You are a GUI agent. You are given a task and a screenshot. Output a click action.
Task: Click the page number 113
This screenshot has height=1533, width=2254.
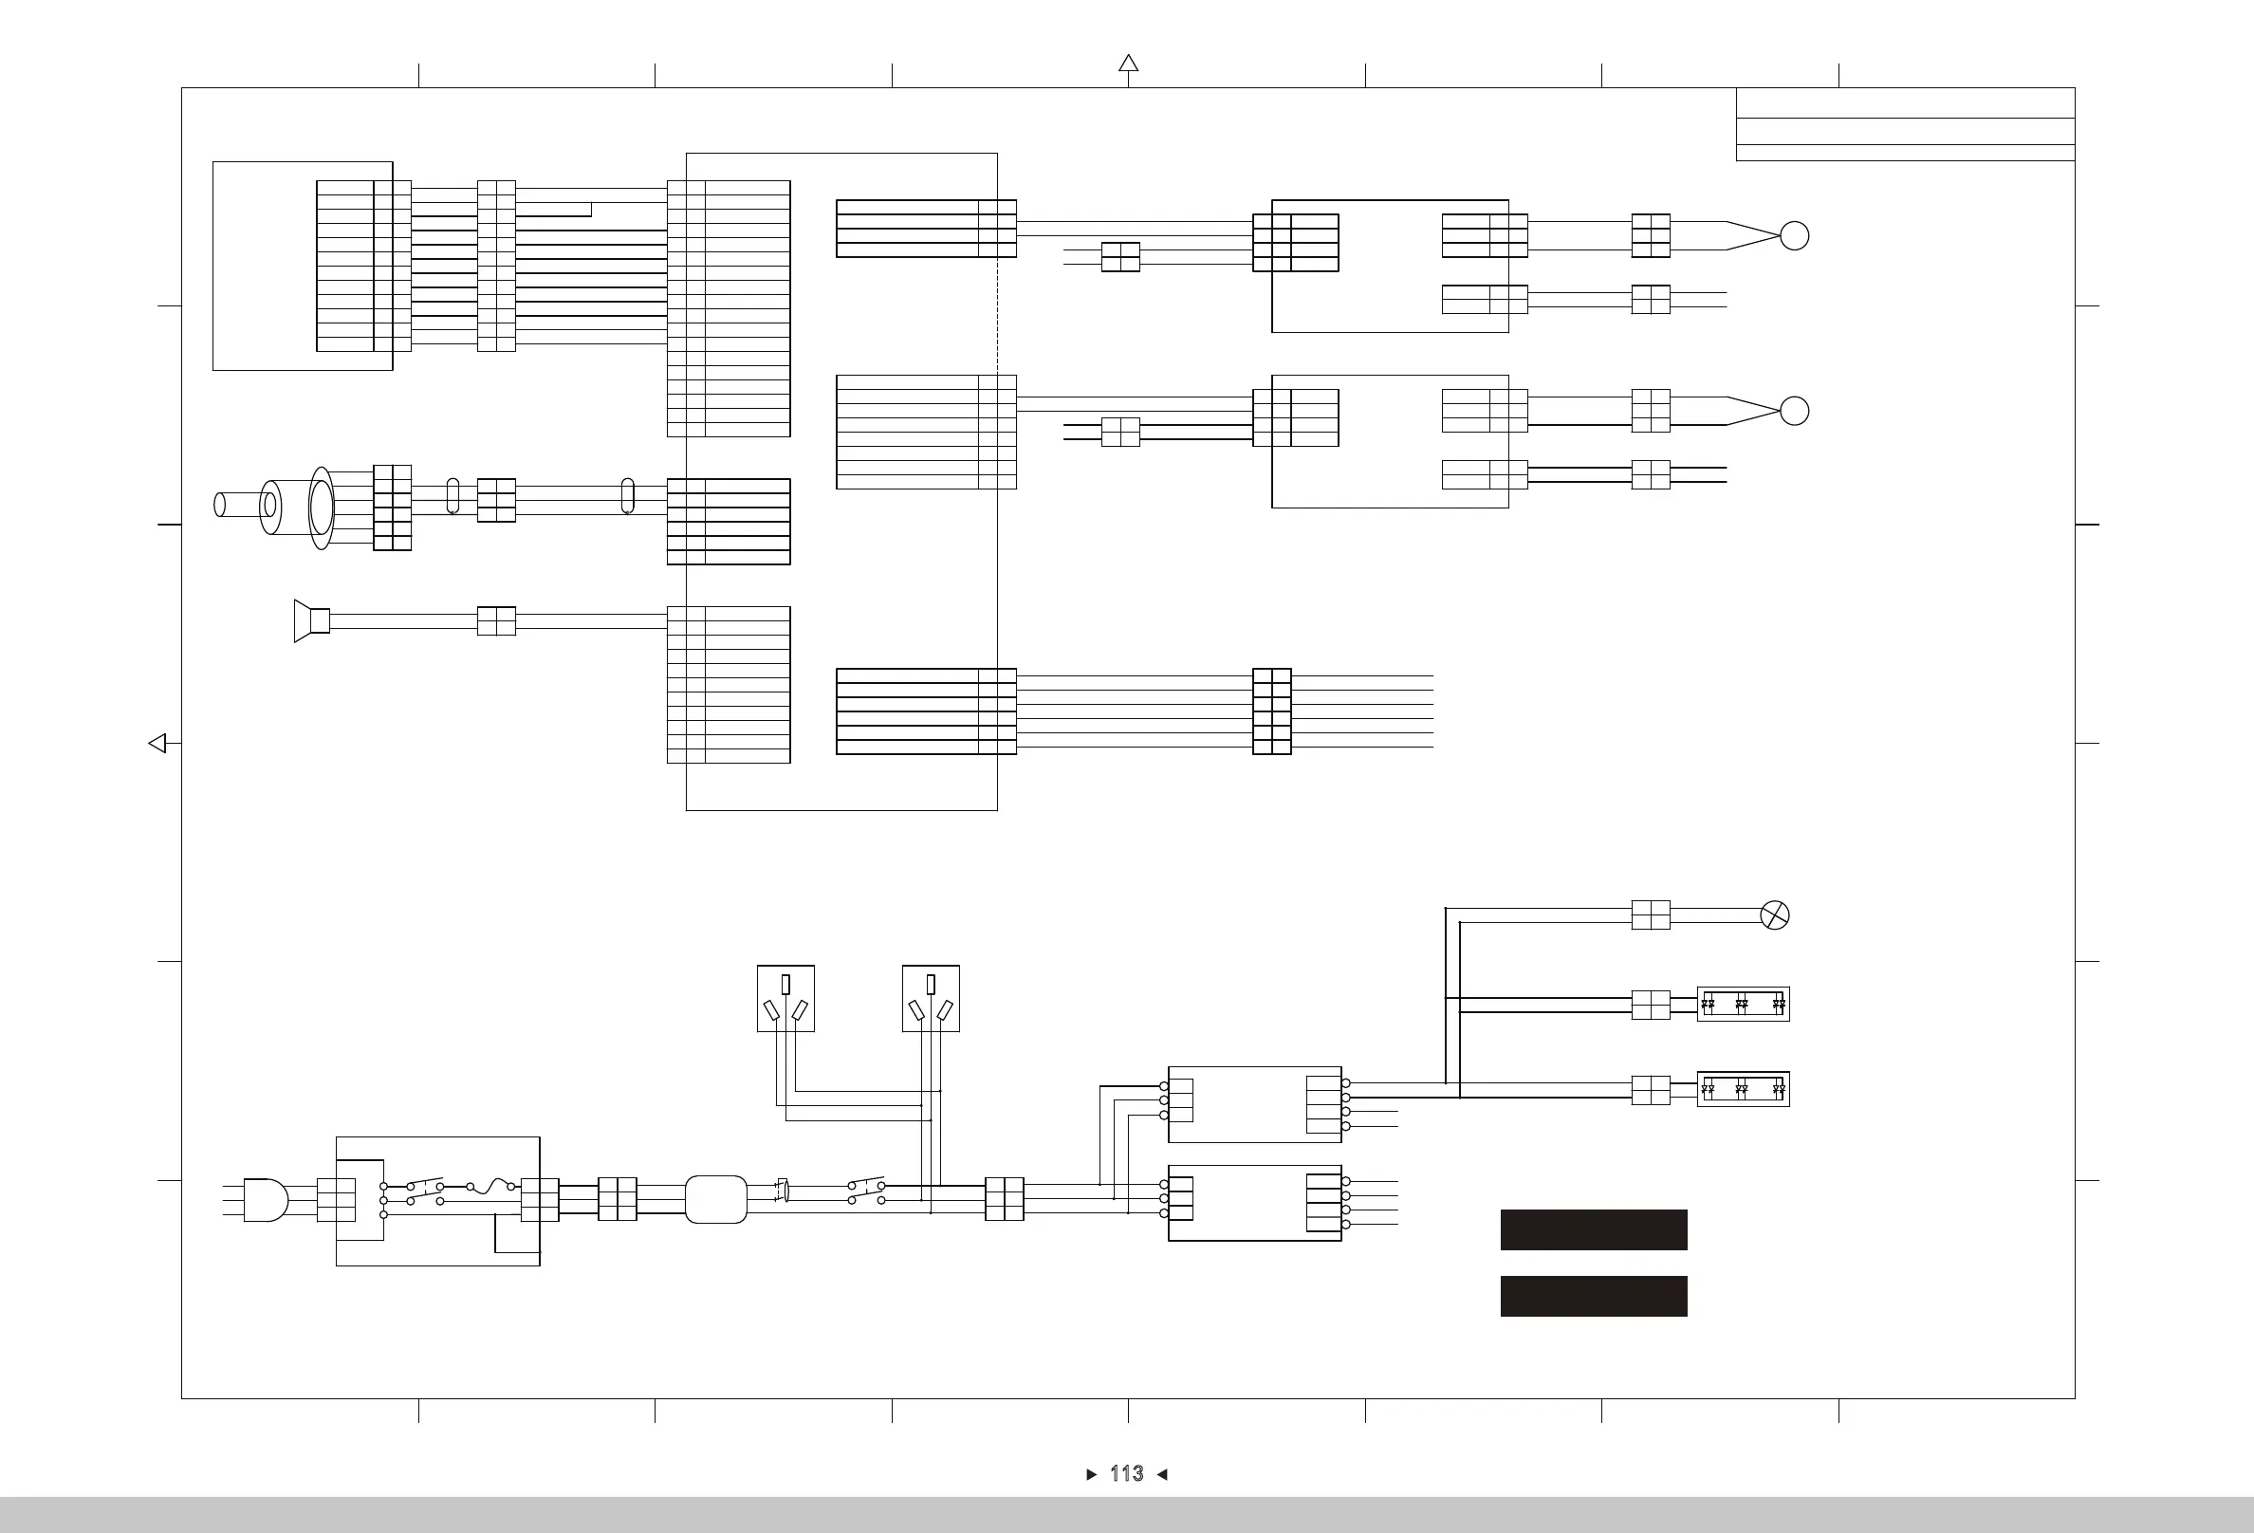click(x=1126, y=1474)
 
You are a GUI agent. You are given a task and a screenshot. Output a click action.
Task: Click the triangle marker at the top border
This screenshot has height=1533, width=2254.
click(x=1128, y=64)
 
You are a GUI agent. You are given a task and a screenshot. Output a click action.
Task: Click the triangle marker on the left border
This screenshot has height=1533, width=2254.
click(x=157, y=744)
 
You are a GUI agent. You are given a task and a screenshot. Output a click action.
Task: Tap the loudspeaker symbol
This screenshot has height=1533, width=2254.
click(x=311, y=620)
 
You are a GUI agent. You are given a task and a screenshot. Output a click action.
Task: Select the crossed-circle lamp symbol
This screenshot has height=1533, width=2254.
click(x=1774, y=915)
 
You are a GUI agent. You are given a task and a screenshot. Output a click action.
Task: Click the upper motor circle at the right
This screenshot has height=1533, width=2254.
click(x=1794, y=235)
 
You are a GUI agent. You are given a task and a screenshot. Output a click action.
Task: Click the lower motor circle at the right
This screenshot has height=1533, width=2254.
click(x=1794, y=411)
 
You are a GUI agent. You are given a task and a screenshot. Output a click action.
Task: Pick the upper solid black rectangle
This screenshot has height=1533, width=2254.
click(x=1594, y=1229)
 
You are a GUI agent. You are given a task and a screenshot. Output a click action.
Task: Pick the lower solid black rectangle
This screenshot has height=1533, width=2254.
click(x=1594, y=1296)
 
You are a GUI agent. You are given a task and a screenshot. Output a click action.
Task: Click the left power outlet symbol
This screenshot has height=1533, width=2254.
click(x=785, y=998)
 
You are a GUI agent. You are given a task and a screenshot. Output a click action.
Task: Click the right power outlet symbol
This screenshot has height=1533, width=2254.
click(x=931, y=998)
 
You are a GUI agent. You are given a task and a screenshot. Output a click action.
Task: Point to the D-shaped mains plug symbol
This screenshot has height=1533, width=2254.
click(x=265, y=1200)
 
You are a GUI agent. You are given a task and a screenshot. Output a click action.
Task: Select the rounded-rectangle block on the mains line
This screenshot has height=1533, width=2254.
click(x=716, y=1199)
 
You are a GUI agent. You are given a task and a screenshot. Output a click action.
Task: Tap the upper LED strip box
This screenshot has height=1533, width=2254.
click(x=1743, y=1005)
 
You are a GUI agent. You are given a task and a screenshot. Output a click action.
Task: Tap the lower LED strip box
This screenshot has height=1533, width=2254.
click(x=1743, y=1089)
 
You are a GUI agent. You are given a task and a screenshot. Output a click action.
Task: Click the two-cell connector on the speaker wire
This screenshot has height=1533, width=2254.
click(x=496, y=620)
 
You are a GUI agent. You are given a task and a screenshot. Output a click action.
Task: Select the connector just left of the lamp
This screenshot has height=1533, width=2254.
click(x=1651, y=915)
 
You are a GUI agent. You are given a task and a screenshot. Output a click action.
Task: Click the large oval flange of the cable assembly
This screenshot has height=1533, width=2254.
click(x=321, y=508)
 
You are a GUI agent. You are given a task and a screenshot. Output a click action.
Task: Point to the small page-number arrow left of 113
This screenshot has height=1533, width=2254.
click(x=1091, y=1475)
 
